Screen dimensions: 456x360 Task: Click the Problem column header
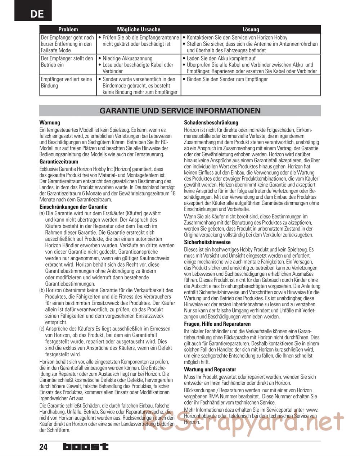tap(68, 30)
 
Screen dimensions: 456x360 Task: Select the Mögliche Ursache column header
tap(139, 30)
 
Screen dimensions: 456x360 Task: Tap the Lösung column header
tap(251, 30)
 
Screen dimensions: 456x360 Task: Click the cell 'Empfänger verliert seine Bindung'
tap(67, 82)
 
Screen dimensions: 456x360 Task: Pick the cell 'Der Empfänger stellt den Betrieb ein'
tap(67, 62)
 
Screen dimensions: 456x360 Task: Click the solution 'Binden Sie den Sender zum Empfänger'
tap(227, 79)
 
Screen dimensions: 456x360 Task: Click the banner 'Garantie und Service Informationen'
tap(180, 110)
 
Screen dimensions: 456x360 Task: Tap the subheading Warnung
tap(50, 123)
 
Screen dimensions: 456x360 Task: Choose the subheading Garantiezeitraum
tap(59, 162)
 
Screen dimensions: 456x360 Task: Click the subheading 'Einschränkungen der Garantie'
tap(73, 207)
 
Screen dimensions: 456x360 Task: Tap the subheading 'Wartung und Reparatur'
tap(210, 370)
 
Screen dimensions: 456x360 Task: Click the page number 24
tap(44, 447)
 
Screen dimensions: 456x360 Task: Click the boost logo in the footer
tap(85, 447)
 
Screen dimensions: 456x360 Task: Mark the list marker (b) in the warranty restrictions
tap(42, 290)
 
